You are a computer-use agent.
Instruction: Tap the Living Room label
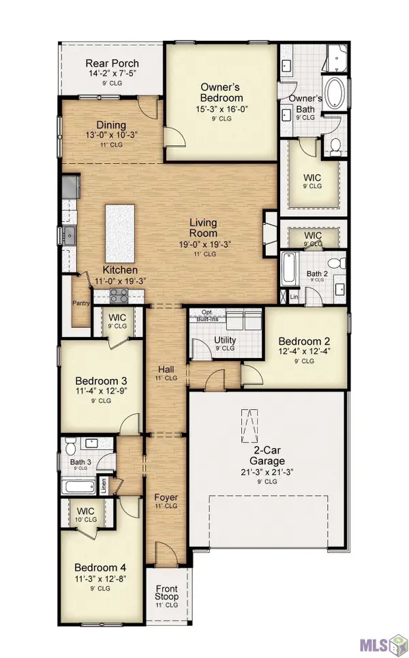[x=203, y=228]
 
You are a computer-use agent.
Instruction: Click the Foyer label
[x=166, y=496]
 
